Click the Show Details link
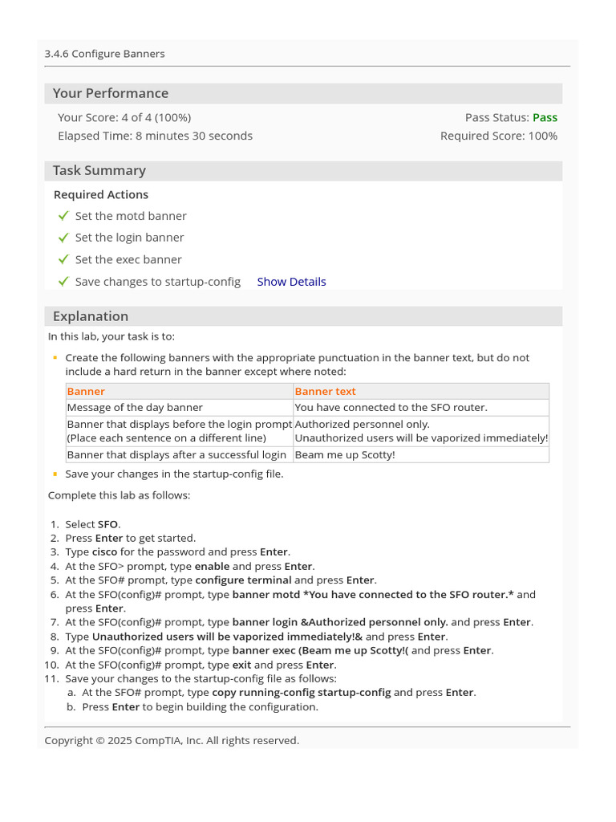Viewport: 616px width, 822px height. (291, 282)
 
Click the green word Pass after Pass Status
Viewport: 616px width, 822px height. (545, 117)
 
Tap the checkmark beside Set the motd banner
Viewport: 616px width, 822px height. (63, 216)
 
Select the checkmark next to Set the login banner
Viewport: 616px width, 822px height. (63, 238)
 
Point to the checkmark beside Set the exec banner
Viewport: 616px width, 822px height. (63, 259)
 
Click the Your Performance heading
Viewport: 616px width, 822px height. (111, 93)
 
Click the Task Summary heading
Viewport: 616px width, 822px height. (99, 170)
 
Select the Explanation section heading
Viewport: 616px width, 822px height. (91, 316)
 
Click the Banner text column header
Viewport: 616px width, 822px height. (325, 391)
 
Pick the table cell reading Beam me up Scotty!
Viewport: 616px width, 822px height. (345, 454)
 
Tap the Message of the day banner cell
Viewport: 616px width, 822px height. (135, 407)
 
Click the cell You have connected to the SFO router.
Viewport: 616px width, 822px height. (391, 407)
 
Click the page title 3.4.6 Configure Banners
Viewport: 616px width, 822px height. (105, 54)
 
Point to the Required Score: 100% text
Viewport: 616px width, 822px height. (498, 136)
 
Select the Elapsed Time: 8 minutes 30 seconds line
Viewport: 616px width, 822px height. (155, 136)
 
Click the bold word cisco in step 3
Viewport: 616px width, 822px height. (104, 551)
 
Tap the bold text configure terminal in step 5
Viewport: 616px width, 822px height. (243, 580)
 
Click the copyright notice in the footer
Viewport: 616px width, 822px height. (172, 740)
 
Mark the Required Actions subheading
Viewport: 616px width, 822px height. (101, 194)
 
